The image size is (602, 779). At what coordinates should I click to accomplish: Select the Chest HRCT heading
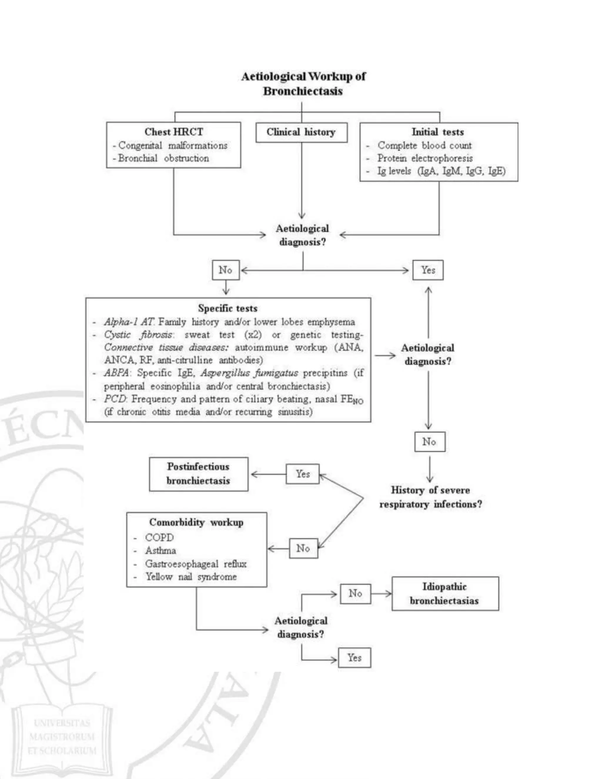pyautogui.click(x=174, y=132)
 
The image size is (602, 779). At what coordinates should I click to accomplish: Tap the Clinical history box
pyautogui.click(x=301, y=132)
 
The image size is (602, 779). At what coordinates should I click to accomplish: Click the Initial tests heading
pyautogui.click(x=438, y=132)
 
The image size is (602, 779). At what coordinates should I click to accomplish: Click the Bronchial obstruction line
pyautogui.click(x=163, y=158)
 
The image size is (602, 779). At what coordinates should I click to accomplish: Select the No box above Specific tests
pyautogui.click(x=225, y=270)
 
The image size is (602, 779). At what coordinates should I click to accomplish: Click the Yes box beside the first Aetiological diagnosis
pyautogui.click(x=428, y=270)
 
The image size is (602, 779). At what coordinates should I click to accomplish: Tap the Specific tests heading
pyautogui.click(x=228, y=308)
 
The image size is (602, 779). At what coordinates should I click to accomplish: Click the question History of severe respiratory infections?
pyautogui.click(x=430, y=497)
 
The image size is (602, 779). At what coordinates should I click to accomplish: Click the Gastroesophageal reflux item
pyautogui.click(x=195, y=564)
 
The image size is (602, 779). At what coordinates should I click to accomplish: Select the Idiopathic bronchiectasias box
pyautogui.click(x=445, y=594)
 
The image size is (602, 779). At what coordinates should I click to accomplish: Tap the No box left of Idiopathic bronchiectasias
pyautogui.click(x=355, y=594)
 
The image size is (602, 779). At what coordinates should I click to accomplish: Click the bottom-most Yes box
pyautogui.click(x=354, y=657)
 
